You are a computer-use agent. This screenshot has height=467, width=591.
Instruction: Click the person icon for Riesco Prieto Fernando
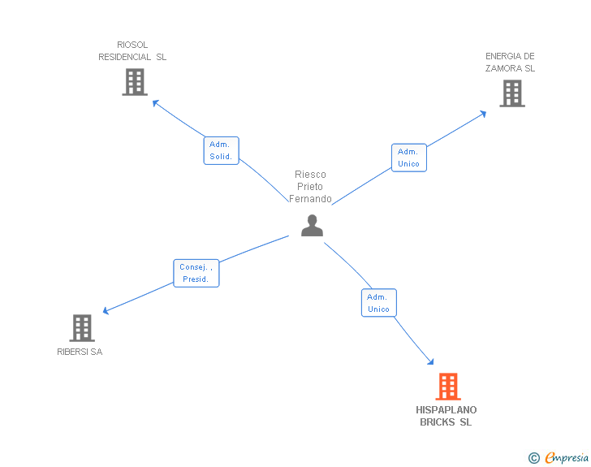click(312, 225)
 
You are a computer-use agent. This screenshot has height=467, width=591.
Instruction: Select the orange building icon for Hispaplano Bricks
click(448, 387)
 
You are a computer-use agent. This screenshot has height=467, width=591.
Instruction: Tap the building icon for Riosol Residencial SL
click(134, 82)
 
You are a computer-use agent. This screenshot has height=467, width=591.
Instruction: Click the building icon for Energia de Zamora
click(511, 93)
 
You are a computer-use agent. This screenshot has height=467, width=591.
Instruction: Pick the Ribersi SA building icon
click(81, 328)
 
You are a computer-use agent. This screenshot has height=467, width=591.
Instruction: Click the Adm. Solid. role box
click(221, 150)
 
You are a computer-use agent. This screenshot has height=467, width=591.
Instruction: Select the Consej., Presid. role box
click(196, 273)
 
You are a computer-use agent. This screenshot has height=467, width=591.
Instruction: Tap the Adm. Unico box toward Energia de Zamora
click(408, 158)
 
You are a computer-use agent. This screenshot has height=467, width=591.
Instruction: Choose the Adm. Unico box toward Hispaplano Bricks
click(378, 302)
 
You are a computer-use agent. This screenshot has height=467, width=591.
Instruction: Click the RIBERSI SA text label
click(80, 352)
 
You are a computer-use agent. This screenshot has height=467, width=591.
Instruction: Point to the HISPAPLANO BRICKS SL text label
click(446, 416)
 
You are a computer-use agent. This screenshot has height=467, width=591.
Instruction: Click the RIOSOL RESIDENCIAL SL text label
click(132, 51)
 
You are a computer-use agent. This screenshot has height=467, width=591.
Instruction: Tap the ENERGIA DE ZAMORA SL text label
click(510, 63)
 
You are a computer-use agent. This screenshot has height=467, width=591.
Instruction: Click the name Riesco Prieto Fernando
click(310, 187)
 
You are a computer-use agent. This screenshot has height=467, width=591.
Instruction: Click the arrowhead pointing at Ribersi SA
click(106, 310)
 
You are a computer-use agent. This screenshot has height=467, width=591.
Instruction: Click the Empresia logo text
click(567, 457)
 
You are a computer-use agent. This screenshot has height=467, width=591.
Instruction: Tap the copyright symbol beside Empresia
click(533, 458)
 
